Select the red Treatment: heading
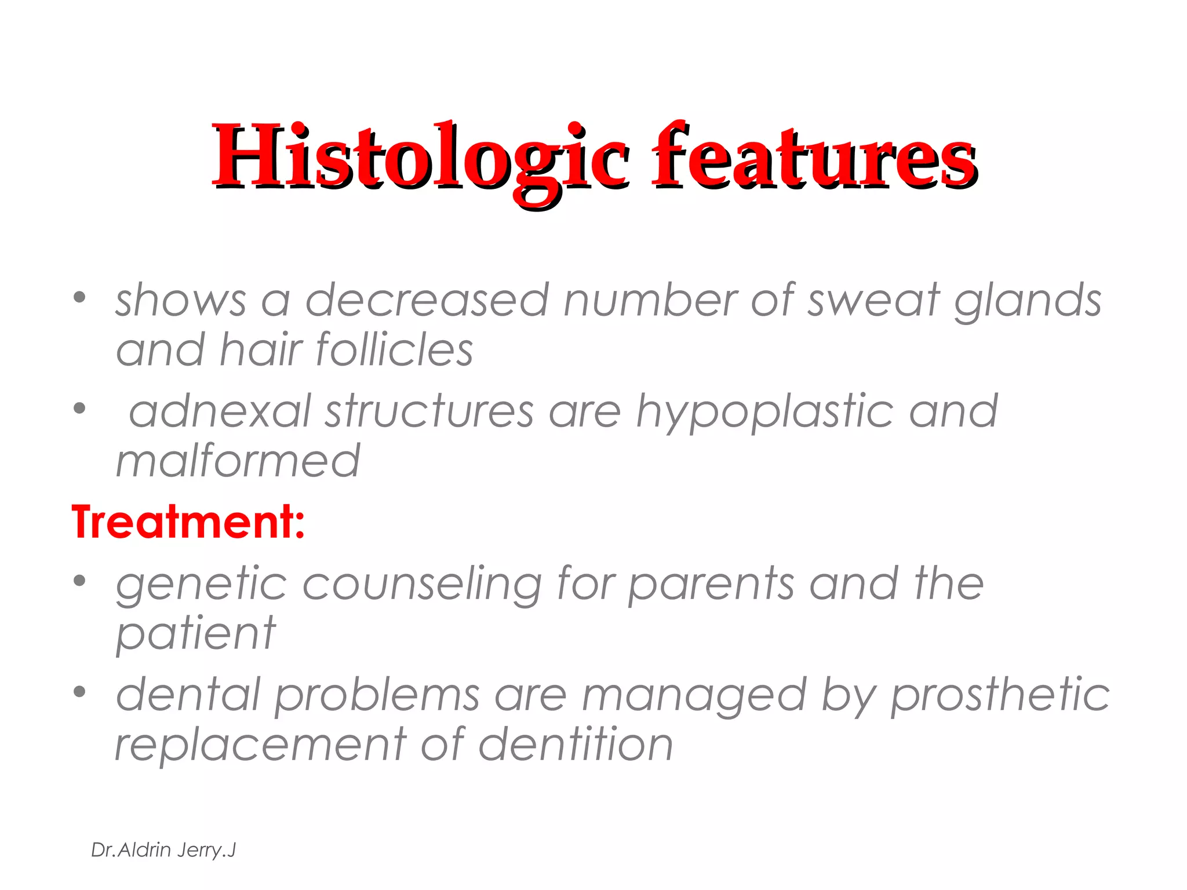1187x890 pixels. (188, 522)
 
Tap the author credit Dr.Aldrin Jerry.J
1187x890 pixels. (163, 850)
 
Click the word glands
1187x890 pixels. (1028, 301)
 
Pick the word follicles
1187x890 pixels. (395, 350)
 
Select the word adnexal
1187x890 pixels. (220, 411)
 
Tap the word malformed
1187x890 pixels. (238, 461)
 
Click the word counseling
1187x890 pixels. (423, 585)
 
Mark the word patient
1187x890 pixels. (196, 635)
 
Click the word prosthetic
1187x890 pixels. (1000, 695)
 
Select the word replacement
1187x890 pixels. (261, 745)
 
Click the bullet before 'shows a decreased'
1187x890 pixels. (79, 298)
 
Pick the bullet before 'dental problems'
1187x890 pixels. (79, 692)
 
